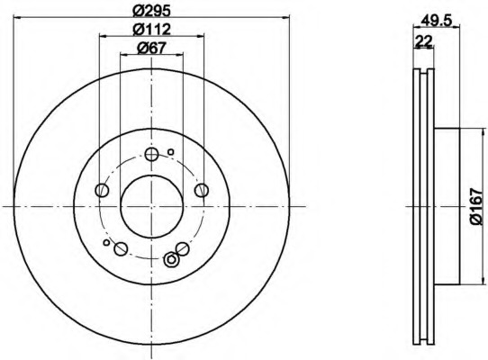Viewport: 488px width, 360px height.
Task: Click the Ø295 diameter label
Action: (x=152, y=11)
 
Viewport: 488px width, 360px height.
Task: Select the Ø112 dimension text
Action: (x=152, y=29)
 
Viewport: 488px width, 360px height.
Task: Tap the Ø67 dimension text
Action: (x=152, y=48)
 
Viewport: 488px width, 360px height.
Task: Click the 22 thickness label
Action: (x=423, y=41)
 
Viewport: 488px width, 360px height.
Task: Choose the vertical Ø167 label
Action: (x=476, y=206)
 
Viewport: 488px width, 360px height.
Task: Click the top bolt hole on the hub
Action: (x=151, y=154)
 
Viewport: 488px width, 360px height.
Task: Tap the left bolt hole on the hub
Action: (x=102, y=190)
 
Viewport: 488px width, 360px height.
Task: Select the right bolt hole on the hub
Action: (x=202, y=190)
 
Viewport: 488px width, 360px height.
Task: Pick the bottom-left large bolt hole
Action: (x=121, y=249)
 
